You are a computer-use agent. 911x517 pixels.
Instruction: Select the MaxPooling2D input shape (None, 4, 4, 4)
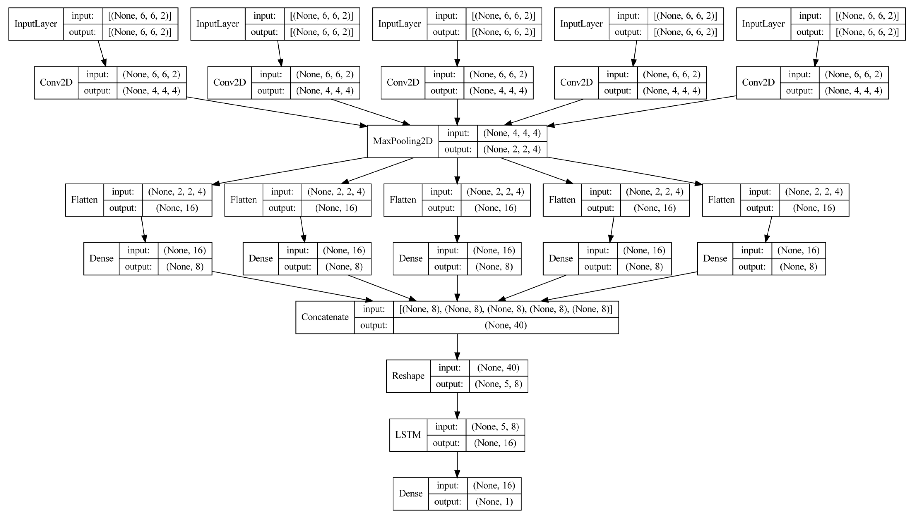512,133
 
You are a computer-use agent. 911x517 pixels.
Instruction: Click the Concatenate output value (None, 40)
505,325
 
